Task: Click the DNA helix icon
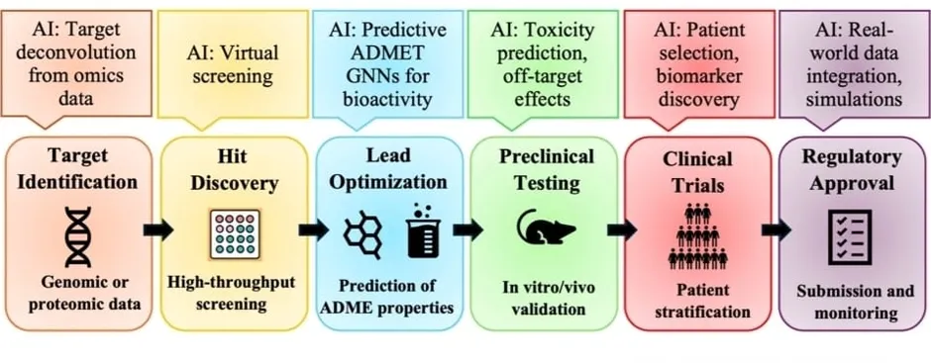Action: click(x=78, y=236)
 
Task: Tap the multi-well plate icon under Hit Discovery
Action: click(x=235, y=233)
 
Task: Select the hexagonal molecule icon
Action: click(x=363, y=234)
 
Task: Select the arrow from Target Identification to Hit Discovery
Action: click(x=157, y=229)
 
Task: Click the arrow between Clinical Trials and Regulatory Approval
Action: click(x=776, y=229)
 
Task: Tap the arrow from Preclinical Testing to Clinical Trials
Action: click(x=622, y=229)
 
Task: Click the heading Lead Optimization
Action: click(x=388, y=168)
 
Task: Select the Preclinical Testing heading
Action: click(x=547, y=170)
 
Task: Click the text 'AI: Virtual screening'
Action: click(x=232, y=64)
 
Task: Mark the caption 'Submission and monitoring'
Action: click(x=856, y=302)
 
